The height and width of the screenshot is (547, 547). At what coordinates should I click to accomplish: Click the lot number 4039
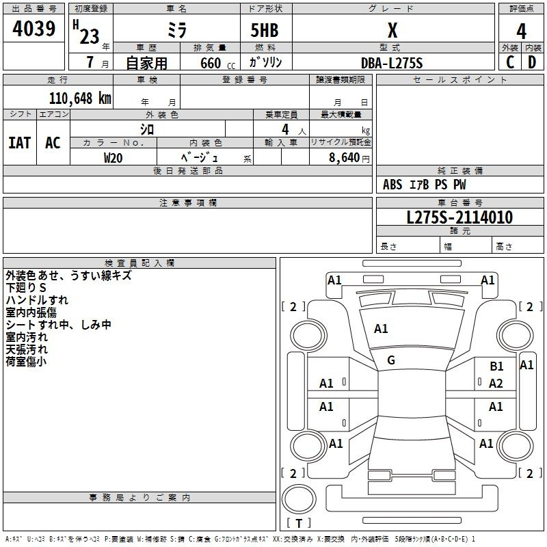(34, 29)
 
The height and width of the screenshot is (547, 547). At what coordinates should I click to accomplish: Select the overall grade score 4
(521, 31)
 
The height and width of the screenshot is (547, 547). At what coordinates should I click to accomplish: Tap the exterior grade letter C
(510, 62)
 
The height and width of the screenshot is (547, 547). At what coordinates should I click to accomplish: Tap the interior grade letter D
(532, 62)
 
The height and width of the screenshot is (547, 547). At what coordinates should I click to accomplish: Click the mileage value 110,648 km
(80, 98)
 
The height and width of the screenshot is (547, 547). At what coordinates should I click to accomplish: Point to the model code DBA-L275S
(392, 63)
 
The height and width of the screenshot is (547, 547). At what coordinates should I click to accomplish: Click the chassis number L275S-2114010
(459, 217)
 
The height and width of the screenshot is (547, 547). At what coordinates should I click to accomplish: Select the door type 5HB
(265, 30)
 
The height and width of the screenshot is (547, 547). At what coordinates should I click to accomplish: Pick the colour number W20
(113, 158)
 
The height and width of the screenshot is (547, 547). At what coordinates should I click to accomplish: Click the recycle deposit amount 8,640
(344, 157)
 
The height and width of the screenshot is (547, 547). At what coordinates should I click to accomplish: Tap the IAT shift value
(20, 143)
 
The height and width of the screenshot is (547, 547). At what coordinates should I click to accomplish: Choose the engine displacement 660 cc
(217, 63)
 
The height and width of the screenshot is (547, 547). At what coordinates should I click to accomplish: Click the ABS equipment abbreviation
(392, 185)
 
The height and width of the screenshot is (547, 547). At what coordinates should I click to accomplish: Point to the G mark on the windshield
(391, 360)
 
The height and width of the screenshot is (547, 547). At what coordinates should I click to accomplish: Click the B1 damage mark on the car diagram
(496, 366)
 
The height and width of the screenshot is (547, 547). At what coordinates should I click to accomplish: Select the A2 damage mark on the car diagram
(496, 384)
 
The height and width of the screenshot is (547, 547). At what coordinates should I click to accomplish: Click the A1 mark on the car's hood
(381, 329)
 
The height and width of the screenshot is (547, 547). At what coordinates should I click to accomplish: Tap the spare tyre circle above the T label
(299, 498)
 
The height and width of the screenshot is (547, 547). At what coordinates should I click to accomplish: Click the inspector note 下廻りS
(26, 288)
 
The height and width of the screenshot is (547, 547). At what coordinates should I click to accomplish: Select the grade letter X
(392, 30)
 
